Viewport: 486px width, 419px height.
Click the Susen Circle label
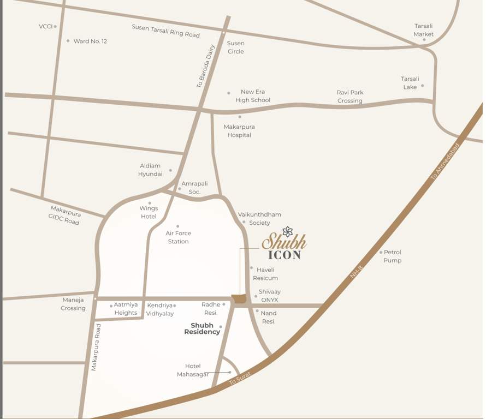pyautogui.click(x=235, y=47)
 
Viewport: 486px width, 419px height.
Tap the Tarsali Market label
pyautogui.click(x=423, y=30)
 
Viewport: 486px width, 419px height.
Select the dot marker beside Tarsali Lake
pyautogui.click(x=422, y=86)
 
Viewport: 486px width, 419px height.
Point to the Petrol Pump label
pyautogui.click(x=392, y=256)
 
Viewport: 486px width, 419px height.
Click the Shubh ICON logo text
pyautogui.click(x=284, y=247)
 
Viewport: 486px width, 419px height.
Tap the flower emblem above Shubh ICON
pyautogui.click(x=288, y=231)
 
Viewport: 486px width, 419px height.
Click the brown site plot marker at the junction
pyautogui.click(x=239, y=299)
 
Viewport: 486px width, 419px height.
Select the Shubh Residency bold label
pyautogui.click(x=202, y=328)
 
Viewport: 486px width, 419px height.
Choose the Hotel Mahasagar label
pyautogui.click(x=193, y=370)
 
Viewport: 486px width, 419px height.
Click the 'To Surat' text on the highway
pyautogui.click(x=240, y=379)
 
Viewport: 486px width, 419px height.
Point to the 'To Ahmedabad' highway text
pyautogui.click(x=445, y=161)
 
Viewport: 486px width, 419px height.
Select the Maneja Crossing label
pyautogui.click(x=73, y=304)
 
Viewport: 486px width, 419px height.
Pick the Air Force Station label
pyautogui.click(x=178, y=237)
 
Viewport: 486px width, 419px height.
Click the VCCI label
pyautogui.click(x=45, y=26)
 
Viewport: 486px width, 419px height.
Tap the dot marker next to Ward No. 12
pyautogui.click(x=68, y=41)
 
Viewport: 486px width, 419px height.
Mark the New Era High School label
pyautogui.click(x=253, y=96)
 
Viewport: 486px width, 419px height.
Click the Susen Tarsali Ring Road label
pyautogui.click(x=165, y=31)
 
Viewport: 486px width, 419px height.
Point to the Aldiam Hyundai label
pyautogui.click(x=150, y=170)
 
